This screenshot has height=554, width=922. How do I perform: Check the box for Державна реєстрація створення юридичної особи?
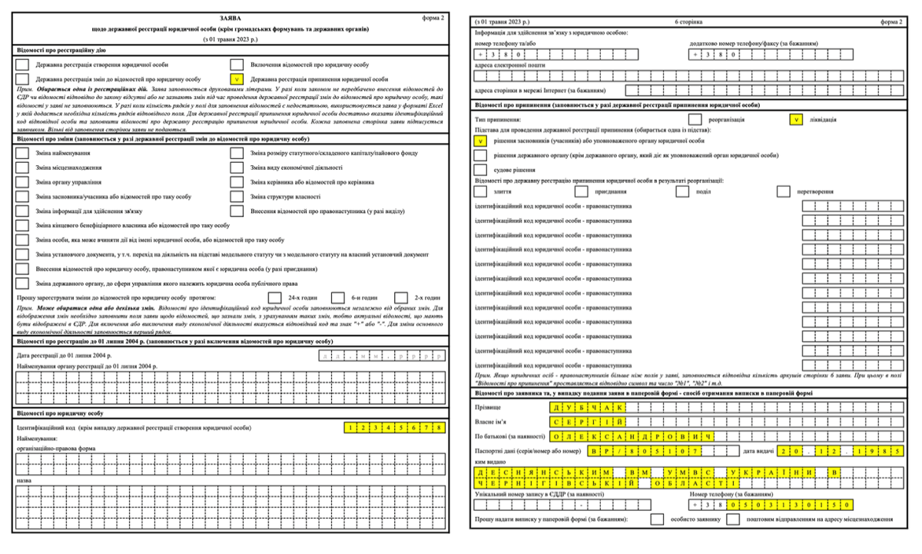point(23,65)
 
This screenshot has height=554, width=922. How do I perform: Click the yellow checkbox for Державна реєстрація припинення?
point(237,79)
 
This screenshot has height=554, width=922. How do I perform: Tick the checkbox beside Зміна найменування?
point(23,154)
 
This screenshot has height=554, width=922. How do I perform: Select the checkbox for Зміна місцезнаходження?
point(23,168)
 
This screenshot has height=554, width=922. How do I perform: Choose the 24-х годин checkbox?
point(274,297)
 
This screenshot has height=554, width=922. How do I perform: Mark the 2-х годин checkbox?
point(400,297)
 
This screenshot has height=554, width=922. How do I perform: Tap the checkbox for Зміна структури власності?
point(237,210)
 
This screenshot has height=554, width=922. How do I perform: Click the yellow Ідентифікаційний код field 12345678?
point(394,427)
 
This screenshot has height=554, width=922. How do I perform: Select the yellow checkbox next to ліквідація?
point(796,119)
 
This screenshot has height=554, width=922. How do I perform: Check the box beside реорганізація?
point(695,119)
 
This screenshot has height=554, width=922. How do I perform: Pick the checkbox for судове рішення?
point(481,169)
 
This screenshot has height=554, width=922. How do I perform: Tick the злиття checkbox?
point(481,191)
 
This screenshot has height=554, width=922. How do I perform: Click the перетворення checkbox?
point(783,191)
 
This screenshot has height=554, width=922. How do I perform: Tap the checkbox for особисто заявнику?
point(657,519)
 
